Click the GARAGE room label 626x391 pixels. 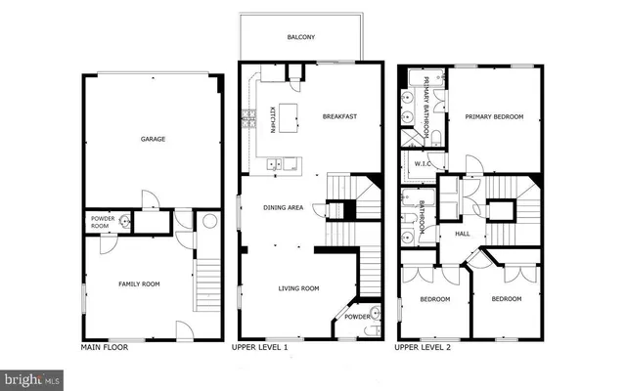tap(152, 139)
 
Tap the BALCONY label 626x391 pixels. tap(300, 38)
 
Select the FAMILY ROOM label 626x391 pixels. tap(140, 284)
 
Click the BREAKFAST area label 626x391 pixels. tap(339, 117)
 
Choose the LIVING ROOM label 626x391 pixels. tap(298, 288)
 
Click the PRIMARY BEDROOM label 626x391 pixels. tap(494, 117)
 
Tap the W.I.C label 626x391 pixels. tap(422, 164)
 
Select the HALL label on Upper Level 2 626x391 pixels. tap(463, 234)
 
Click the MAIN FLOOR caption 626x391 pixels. tap(104, 347)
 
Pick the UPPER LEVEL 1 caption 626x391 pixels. tap(259, 347)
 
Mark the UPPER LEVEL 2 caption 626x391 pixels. tap(424, 347)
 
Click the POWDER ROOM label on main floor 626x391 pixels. tap(103, 222)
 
